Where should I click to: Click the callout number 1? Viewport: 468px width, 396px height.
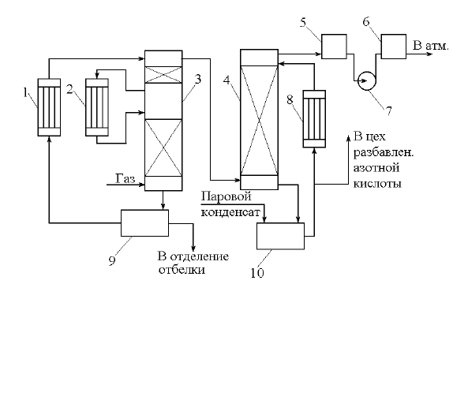pos(25,93)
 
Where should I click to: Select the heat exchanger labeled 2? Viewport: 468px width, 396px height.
pos(97,107)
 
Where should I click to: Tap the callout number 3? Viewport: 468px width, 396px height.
pos(198,80)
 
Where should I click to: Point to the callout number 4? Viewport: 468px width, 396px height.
pos(227,80)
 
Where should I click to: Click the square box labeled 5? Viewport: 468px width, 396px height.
pos(334,47)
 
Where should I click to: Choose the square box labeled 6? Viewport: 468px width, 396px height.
pos(394,47)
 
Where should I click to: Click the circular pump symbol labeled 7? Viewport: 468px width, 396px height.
pos(367,81)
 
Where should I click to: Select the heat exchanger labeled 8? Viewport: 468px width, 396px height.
pos(314,119)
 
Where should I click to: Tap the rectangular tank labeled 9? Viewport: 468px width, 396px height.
pos(144,223)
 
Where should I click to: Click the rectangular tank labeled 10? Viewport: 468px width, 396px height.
pos(280,236)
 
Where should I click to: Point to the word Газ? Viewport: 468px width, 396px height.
pos(125,178)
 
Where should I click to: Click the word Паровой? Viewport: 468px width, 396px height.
pos(227,197)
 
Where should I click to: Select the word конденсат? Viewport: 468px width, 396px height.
pos(230,212)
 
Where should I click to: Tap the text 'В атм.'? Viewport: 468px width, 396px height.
pos(431,46)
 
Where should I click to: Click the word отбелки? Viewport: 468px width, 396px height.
pos(182,270)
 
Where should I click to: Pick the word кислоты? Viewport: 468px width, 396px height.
pos(377,183)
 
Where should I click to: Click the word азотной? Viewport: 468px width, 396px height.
pos(376,168)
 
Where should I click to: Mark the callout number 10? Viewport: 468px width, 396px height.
pos(257,273)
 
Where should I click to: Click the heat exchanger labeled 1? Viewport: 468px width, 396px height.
pos(49,107)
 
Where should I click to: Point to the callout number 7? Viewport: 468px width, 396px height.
pos(388,111)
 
